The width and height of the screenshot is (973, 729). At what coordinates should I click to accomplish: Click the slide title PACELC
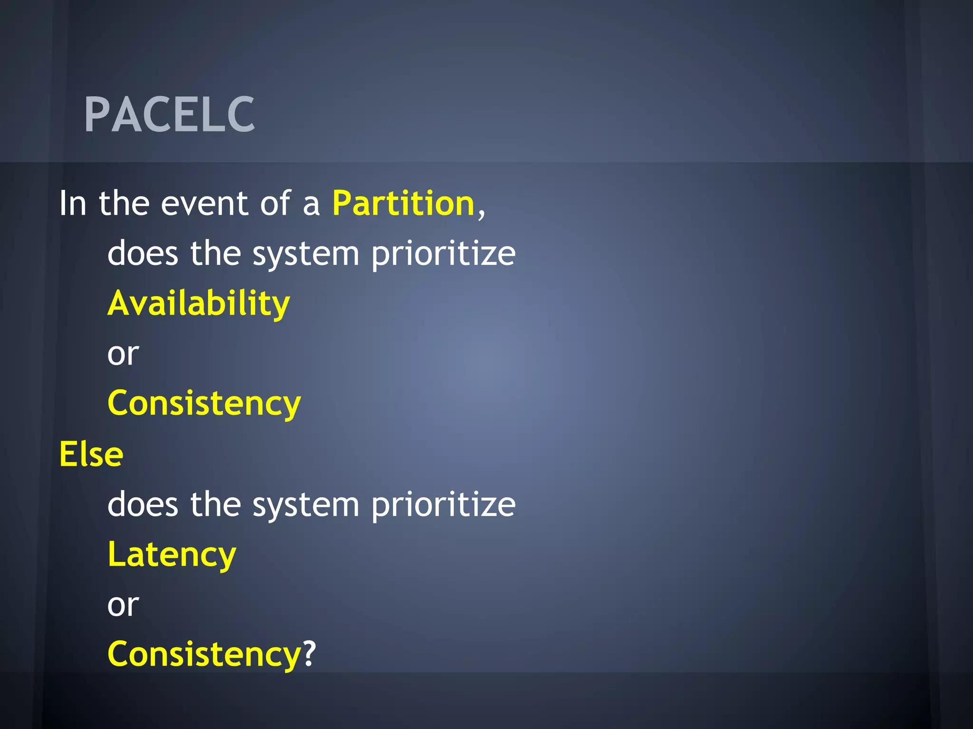pyautogui.click(x=169, y=114)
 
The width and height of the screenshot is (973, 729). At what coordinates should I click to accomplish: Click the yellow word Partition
pyautogui.click(x=403, y=204)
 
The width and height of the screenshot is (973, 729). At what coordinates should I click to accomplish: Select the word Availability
pyautogui.click(x=199, y=304)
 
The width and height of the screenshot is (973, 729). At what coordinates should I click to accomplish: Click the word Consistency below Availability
pyautogui.click(x=204, y=403)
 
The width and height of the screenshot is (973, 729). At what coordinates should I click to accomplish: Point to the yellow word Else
pyautogui.click(x=91, y=454)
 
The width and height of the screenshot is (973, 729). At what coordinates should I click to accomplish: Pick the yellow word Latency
pyautogui.click(x=172, y=554)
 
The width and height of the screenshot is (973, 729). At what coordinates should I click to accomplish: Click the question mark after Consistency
pyautogui.click(x=309, y=654)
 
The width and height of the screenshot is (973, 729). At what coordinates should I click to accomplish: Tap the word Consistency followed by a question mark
pyautogui.click(x=204, y=654)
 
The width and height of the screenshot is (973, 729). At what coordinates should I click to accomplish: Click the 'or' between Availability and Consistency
pyautogui.click(x=123, y=354)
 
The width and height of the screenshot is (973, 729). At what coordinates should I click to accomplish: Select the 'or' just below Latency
pyautogui.click(x=123, y=605)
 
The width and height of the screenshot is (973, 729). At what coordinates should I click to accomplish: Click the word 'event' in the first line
pyautogui.click(x=205, y=204)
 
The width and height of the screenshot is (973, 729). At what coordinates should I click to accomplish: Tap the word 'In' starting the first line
pyautogui.click(x=72, y=204)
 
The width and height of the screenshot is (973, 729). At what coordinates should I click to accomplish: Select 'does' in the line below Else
pyautogui.click(x=143, y=504)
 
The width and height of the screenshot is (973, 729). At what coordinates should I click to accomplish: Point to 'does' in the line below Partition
pyautogui.click(x=143, y=253)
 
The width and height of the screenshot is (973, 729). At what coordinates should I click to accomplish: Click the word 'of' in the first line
pyautogui.click(x=275, y=204)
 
